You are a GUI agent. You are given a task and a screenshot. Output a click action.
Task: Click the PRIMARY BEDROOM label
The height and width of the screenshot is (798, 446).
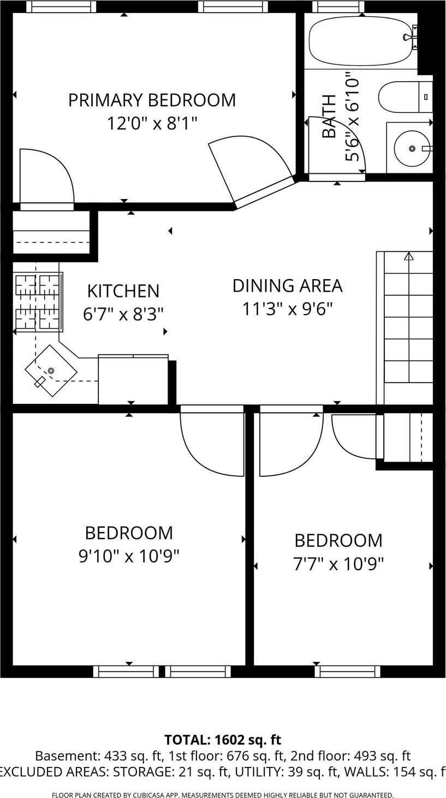[152, 100]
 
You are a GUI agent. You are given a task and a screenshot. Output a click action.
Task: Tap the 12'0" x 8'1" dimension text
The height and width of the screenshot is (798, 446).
[152, 123]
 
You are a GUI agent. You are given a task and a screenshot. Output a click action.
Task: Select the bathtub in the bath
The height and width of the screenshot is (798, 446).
[360, 41]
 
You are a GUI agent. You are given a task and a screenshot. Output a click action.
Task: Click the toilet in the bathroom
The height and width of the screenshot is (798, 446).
[404, 97]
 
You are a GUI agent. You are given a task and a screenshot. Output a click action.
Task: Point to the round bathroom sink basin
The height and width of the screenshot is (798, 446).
[412, 148]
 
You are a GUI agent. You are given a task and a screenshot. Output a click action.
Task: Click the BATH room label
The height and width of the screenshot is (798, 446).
[329, 116]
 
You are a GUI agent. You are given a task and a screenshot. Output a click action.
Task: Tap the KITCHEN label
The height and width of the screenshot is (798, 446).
[123, 291]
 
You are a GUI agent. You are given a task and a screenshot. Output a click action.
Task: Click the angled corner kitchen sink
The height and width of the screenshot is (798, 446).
[51, 371]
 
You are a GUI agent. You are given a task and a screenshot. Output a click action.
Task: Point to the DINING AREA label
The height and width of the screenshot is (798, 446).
[287, 286]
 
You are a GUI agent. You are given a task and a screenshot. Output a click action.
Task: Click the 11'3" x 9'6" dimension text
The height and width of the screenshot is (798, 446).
[287, 309]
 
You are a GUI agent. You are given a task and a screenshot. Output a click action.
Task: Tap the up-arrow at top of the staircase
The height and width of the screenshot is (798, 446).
[408, 256]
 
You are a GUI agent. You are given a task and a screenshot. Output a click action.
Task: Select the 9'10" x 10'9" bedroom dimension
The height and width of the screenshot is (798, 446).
[129, 556]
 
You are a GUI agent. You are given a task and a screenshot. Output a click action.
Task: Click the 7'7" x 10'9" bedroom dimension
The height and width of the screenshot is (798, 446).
[338, 564]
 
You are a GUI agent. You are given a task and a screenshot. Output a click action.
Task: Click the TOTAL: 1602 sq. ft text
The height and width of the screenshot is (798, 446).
[223, 740]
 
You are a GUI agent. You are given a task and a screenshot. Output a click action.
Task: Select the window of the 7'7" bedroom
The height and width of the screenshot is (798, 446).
[347, 672]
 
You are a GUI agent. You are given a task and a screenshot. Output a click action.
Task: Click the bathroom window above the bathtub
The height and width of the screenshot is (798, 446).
[338, 7]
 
